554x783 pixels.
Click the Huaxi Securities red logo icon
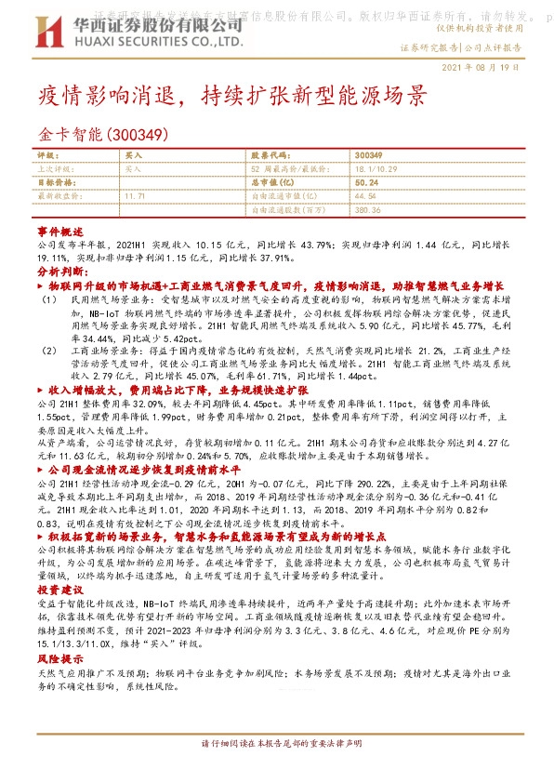[x=47, y=27]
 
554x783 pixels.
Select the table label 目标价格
[x=54, y=183]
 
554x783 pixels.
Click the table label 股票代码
[x=268, y=156]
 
